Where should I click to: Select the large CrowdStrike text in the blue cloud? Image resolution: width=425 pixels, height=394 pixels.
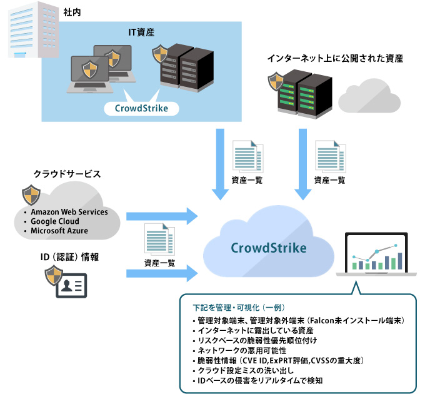click(x=269, y=248)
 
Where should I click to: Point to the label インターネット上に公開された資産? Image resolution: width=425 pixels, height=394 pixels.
click(x=334, y=59)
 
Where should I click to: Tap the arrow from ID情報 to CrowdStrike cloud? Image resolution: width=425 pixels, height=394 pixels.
click(x=162, y=273)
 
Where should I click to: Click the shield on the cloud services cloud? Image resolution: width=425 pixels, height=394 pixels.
click(x=32, y=194)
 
